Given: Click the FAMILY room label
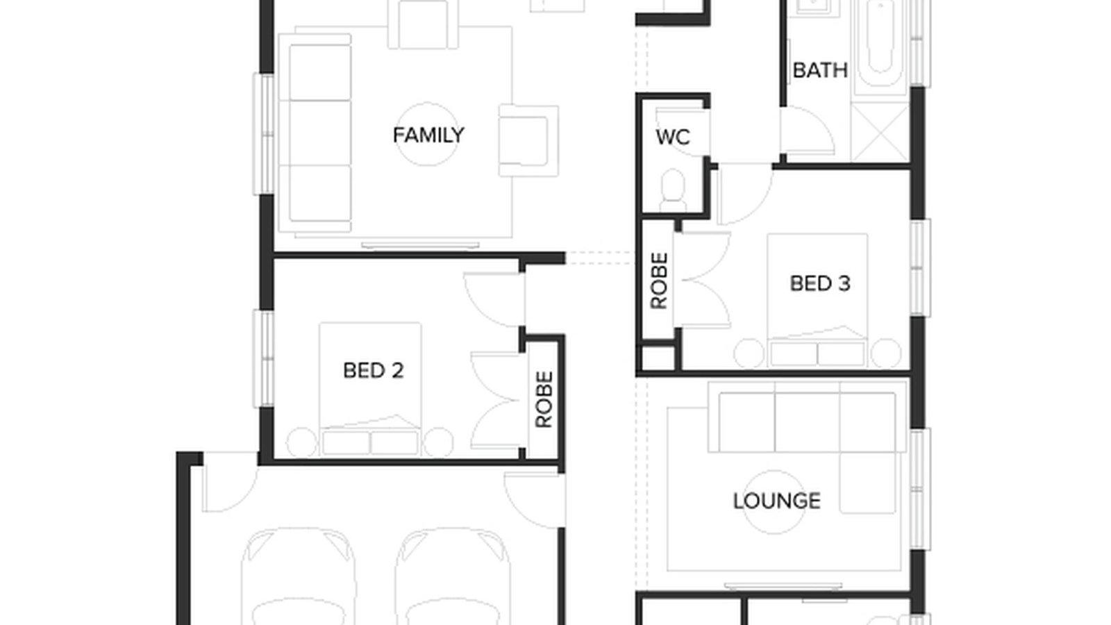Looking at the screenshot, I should point(428,135).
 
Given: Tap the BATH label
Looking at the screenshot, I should point(819,70).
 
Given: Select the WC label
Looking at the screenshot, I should point(672,137).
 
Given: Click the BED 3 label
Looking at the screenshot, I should point(819,283).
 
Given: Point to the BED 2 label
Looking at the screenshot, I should point(373,370).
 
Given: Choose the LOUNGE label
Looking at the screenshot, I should point(776,501).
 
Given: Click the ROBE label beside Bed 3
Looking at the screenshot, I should point(658,281).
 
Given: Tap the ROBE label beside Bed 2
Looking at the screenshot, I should point(544,399).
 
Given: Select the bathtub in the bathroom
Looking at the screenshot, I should point(878,42).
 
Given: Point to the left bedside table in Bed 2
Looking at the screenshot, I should point(302,442).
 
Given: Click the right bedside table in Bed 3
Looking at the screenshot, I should point(885,353).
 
